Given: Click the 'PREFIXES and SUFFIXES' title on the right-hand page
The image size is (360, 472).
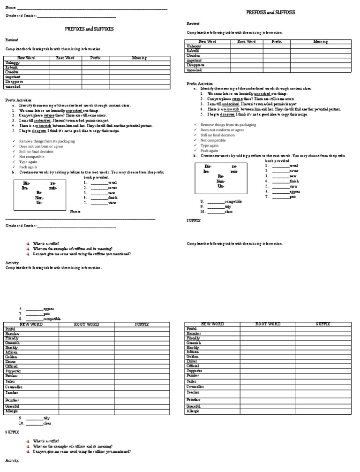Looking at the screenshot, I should (x=270, y=13).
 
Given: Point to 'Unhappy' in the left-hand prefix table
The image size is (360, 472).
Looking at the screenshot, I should (x=12, y=63).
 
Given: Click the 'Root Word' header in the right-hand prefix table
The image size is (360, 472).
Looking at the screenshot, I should (x=247, y=42).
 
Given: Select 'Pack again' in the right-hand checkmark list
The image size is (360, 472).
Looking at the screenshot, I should (x=209, y=151).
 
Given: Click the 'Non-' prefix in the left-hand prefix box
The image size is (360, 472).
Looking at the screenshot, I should (x=39, y=198).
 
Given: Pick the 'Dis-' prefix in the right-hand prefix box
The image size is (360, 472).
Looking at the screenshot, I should (x=208, y=167).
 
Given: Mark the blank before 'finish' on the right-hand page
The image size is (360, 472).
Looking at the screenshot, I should (x=280, y=181).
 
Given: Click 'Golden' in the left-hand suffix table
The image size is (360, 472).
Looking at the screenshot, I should (x=11, y=357).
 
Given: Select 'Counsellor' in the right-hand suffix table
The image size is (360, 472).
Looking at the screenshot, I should (x=195, y=386).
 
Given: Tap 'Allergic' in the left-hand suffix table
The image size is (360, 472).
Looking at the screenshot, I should (x=12, y=411).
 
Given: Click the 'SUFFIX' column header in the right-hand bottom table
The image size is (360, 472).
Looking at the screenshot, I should (x=323, y=324).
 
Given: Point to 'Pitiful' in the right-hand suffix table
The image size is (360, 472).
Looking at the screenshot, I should (x=192, y=329).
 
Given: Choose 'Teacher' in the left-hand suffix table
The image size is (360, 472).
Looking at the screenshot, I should (x=12, y=392).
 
